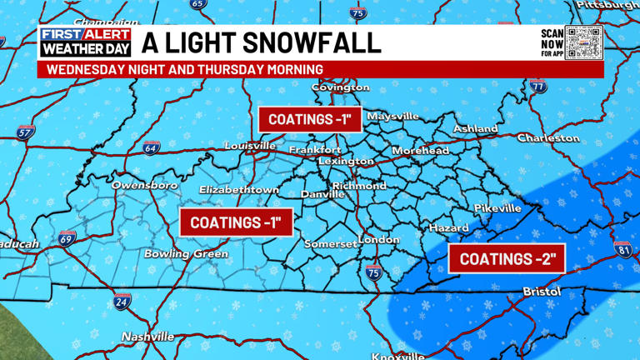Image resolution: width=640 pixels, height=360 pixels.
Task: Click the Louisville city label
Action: pos(250,146)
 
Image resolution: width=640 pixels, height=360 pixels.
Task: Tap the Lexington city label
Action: pos(346,161)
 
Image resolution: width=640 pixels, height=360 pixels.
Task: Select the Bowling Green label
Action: pos(186,253)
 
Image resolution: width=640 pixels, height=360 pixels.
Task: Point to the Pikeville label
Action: pos(497,207)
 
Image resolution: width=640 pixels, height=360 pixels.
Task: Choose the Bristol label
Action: pos(541,292)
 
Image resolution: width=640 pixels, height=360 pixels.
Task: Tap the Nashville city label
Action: pos(147,337)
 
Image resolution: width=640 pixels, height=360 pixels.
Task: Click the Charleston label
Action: pos(547,137)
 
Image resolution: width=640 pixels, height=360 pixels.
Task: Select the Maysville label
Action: pos(392,117)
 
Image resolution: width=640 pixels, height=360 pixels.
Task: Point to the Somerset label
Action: pos(330,244)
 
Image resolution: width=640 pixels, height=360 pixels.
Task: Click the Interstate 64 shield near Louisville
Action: pos(151,148)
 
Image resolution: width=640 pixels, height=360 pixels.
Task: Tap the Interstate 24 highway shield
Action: pos(122,302)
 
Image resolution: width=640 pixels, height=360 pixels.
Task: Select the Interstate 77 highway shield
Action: pos(537,86)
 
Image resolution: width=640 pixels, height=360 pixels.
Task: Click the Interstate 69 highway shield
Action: pos(67,239)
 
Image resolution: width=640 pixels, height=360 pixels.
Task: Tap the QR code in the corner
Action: pos(583,42)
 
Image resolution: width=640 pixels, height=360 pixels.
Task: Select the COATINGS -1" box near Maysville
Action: pos(309,119)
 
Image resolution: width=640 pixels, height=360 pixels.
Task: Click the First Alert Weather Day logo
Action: pos(86,42)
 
